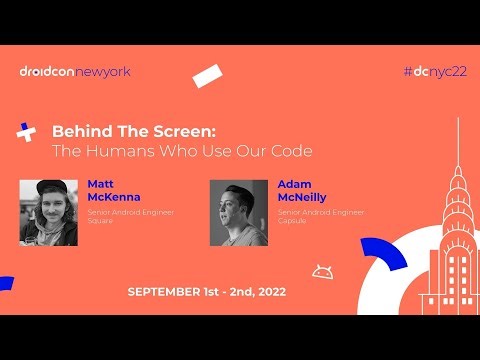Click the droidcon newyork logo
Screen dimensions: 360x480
(x=75, y=71)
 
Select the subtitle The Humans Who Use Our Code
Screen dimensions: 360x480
(x=182, y=151)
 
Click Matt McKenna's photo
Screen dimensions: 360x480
(x=48, y=212)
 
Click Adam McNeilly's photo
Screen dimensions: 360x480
(x=238, y=212)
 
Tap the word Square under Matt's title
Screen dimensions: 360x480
(x=100, y=220)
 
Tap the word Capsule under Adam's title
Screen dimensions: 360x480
(x=293, y=220)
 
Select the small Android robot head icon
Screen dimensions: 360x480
(x=321, y=271)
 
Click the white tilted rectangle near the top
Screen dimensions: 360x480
(x=207, y=75)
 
